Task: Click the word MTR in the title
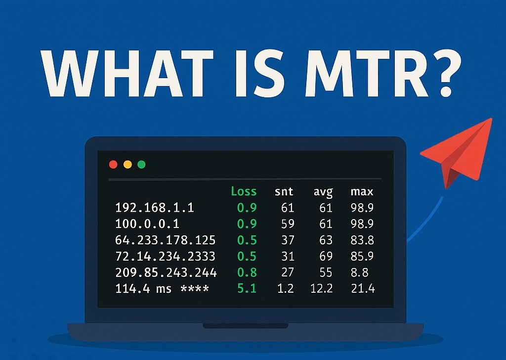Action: tap(366, 73)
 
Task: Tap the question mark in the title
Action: tap(446, 73)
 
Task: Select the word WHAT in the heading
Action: tap(126, 73)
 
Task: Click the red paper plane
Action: tap(458, 152)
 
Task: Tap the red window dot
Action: tap(113, 165)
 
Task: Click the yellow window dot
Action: tap(128, 165)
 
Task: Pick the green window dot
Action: tap(141, 165)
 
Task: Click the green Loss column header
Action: tap(244, 191)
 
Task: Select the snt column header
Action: tap(284, 192)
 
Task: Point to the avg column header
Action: tap(323, 192)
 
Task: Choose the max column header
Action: tap(362, 192)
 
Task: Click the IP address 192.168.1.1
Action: tap(155, 208)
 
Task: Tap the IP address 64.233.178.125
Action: tap(165, 240)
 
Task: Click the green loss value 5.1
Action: tap(247, 288)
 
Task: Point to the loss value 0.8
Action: tap(247, 272)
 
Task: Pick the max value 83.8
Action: tap(362, 240)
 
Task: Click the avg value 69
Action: tap(326, 256)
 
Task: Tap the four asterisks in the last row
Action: tap(195, 288)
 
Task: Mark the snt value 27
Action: tap(287, 272)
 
